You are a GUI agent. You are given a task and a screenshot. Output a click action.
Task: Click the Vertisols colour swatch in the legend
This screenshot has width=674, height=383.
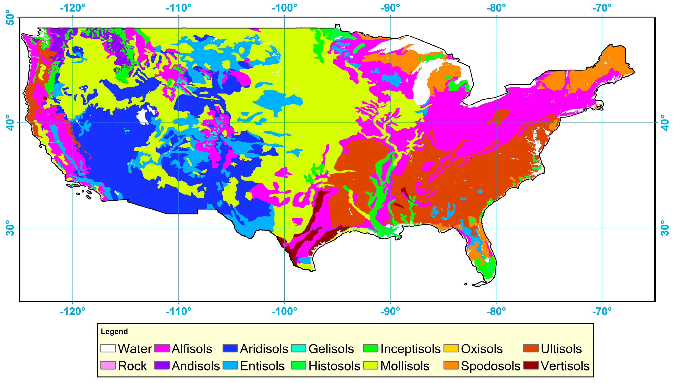coord(531,365)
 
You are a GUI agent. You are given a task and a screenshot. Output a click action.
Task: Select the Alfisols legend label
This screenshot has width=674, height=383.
coord(192,349)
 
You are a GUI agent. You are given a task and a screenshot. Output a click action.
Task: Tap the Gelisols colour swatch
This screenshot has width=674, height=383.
coord(299,348)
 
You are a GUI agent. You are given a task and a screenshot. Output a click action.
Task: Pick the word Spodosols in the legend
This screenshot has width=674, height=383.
coord(491,366)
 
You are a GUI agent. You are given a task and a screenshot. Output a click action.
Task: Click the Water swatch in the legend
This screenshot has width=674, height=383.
coord(108,348)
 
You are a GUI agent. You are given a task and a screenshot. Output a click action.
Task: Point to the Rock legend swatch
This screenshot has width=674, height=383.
coord(108,365)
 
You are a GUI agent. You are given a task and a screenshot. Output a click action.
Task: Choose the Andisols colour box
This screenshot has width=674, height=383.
coord(162,365)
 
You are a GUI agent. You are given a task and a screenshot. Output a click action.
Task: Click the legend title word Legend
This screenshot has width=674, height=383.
coord(114,331)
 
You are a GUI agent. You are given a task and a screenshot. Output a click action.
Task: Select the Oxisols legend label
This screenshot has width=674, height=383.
coord(482,349)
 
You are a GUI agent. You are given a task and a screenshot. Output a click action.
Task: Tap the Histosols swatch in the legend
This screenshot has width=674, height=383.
coord(299,365)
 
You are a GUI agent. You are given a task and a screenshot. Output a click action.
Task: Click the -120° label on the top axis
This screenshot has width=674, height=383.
coord(73,8)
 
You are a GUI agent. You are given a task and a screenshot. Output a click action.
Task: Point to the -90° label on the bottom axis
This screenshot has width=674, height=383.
coord(390,311)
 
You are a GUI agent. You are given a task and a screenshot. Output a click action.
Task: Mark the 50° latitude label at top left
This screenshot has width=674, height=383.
coord(10,17)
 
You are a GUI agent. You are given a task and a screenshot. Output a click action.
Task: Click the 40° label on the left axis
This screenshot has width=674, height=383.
coord(10,123)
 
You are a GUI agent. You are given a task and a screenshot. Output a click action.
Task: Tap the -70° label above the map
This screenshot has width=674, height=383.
coord(602,8)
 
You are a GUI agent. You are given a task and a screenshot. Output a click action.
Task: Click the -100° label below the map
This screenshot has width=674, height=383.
coord(284,311)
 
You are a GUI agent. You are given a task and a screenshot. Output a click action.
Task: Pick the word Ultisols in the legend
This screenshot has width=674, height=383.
coord(561,349)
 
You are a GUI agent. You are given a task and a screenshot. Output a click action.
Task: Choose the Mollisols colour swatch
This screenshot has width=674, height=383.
coord(371,365)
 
